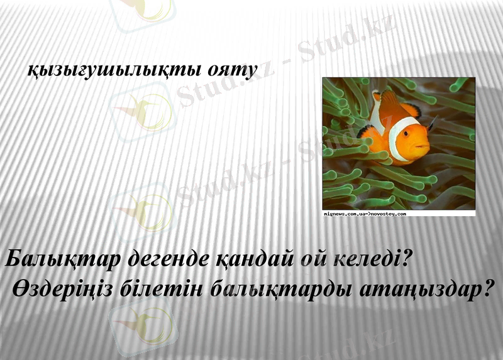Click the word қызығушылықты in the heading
[117, 70]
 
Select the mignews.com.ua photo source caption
[365, 214]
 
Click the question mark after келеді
[406, 259]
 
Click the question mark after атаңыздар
[483, 290]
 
